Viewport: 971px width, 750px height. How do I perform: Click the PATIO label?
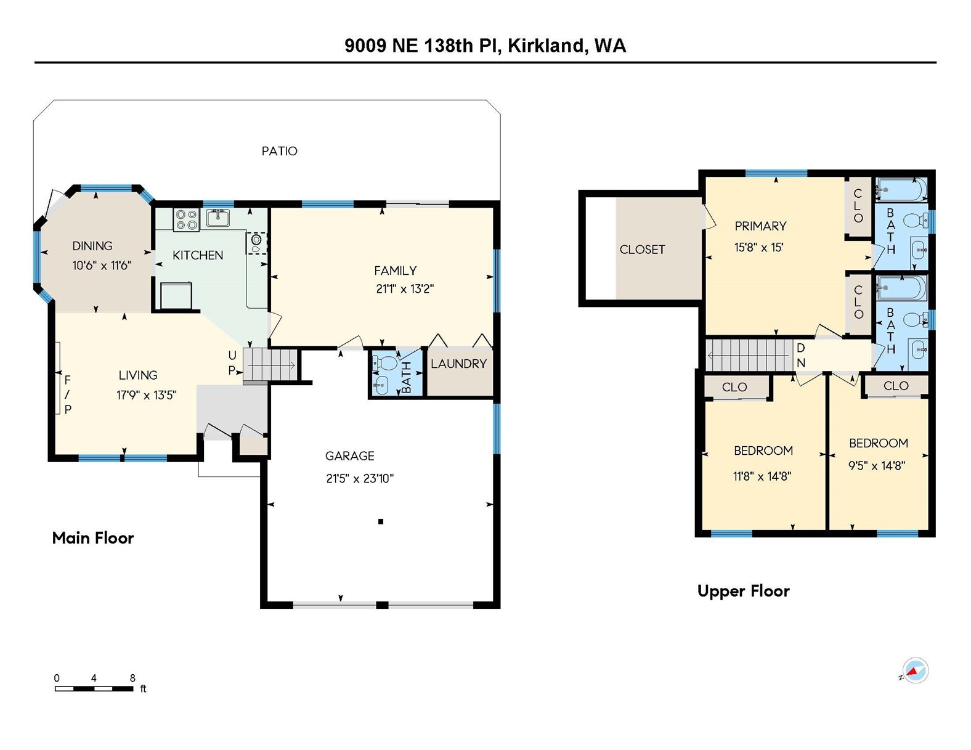pos(279,151)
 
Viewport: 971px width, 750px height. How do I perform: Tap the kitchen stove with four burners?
pos(187,220)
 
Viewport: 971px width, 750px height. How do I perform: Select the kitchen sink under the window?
pos(218,218)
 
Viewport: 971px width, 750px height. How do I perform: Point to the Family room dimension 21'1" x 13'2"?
pos(405,289)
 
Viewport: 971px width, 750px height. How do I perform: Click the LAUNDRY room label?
pos(458,364)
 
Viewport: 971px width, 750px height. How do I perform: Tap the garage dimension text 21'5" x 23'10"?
pos(360,479)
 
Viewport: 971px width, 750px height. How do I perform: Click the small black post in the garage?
pos(381,521)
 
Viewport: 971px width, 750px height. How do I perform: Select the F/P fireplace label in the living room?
pos(68,394)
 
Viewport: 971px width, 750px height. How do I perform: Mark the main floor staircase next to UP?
pos(270,365)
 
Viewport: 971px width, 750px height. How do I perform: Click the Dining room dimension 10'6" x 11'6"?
pos(102,266)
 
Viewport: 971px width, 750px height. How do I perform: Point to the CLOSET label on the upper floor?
pos(642,250)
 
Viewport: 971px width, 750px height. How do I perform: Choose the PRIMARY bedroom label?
pos(760,226)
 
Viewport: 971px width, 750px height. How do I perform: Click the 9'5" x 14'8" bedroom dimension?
pos(877,466)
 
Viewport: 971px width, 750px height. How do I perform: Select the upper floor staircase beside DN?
pos(749,355)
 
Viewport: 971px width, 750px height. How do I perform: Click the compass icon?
pos(916,671)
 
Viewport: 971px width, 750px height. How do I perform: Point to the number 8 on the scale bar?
pos(132,678)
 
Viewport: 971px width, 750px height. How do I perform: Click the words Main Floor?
pos(93,537)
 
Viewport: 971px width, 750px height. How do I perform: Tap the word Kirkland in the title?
pos(546,46)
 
